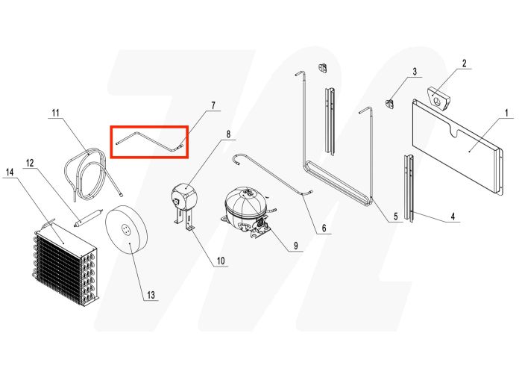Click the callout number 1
[506, 114]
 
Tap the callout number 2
[464, 64]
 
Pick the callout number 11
[55, 113]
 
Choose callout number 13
[151, 295]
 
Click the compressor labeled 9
[244, 211]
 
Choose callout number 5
[395, 217]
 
